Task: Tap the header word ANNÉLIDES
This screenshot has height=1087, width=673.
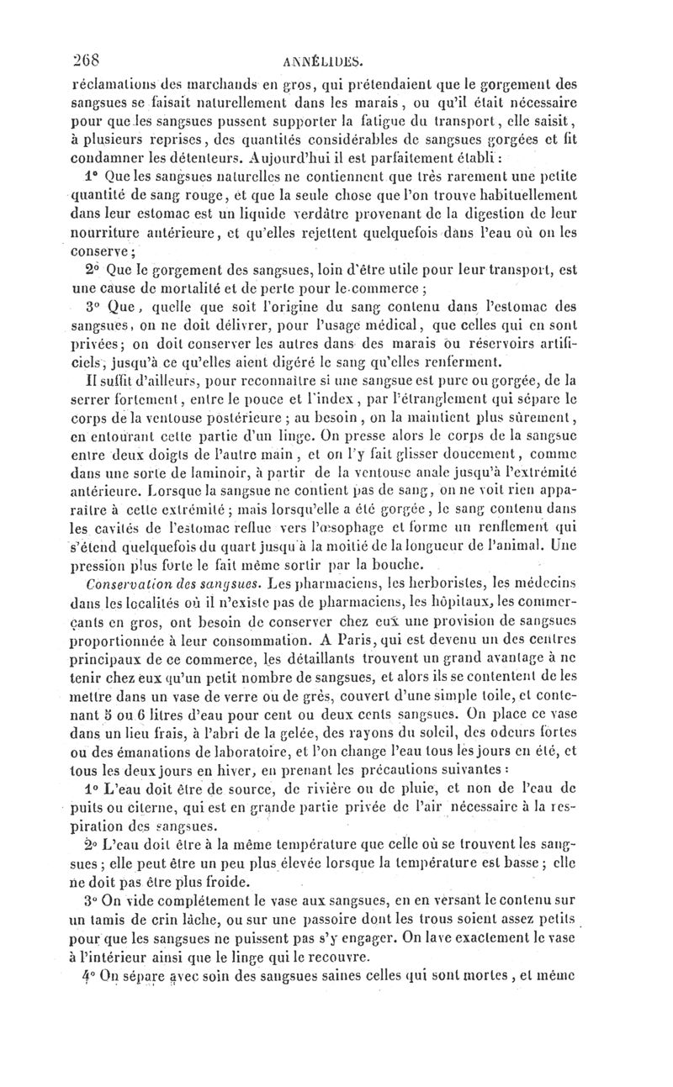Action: (323, 61)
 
